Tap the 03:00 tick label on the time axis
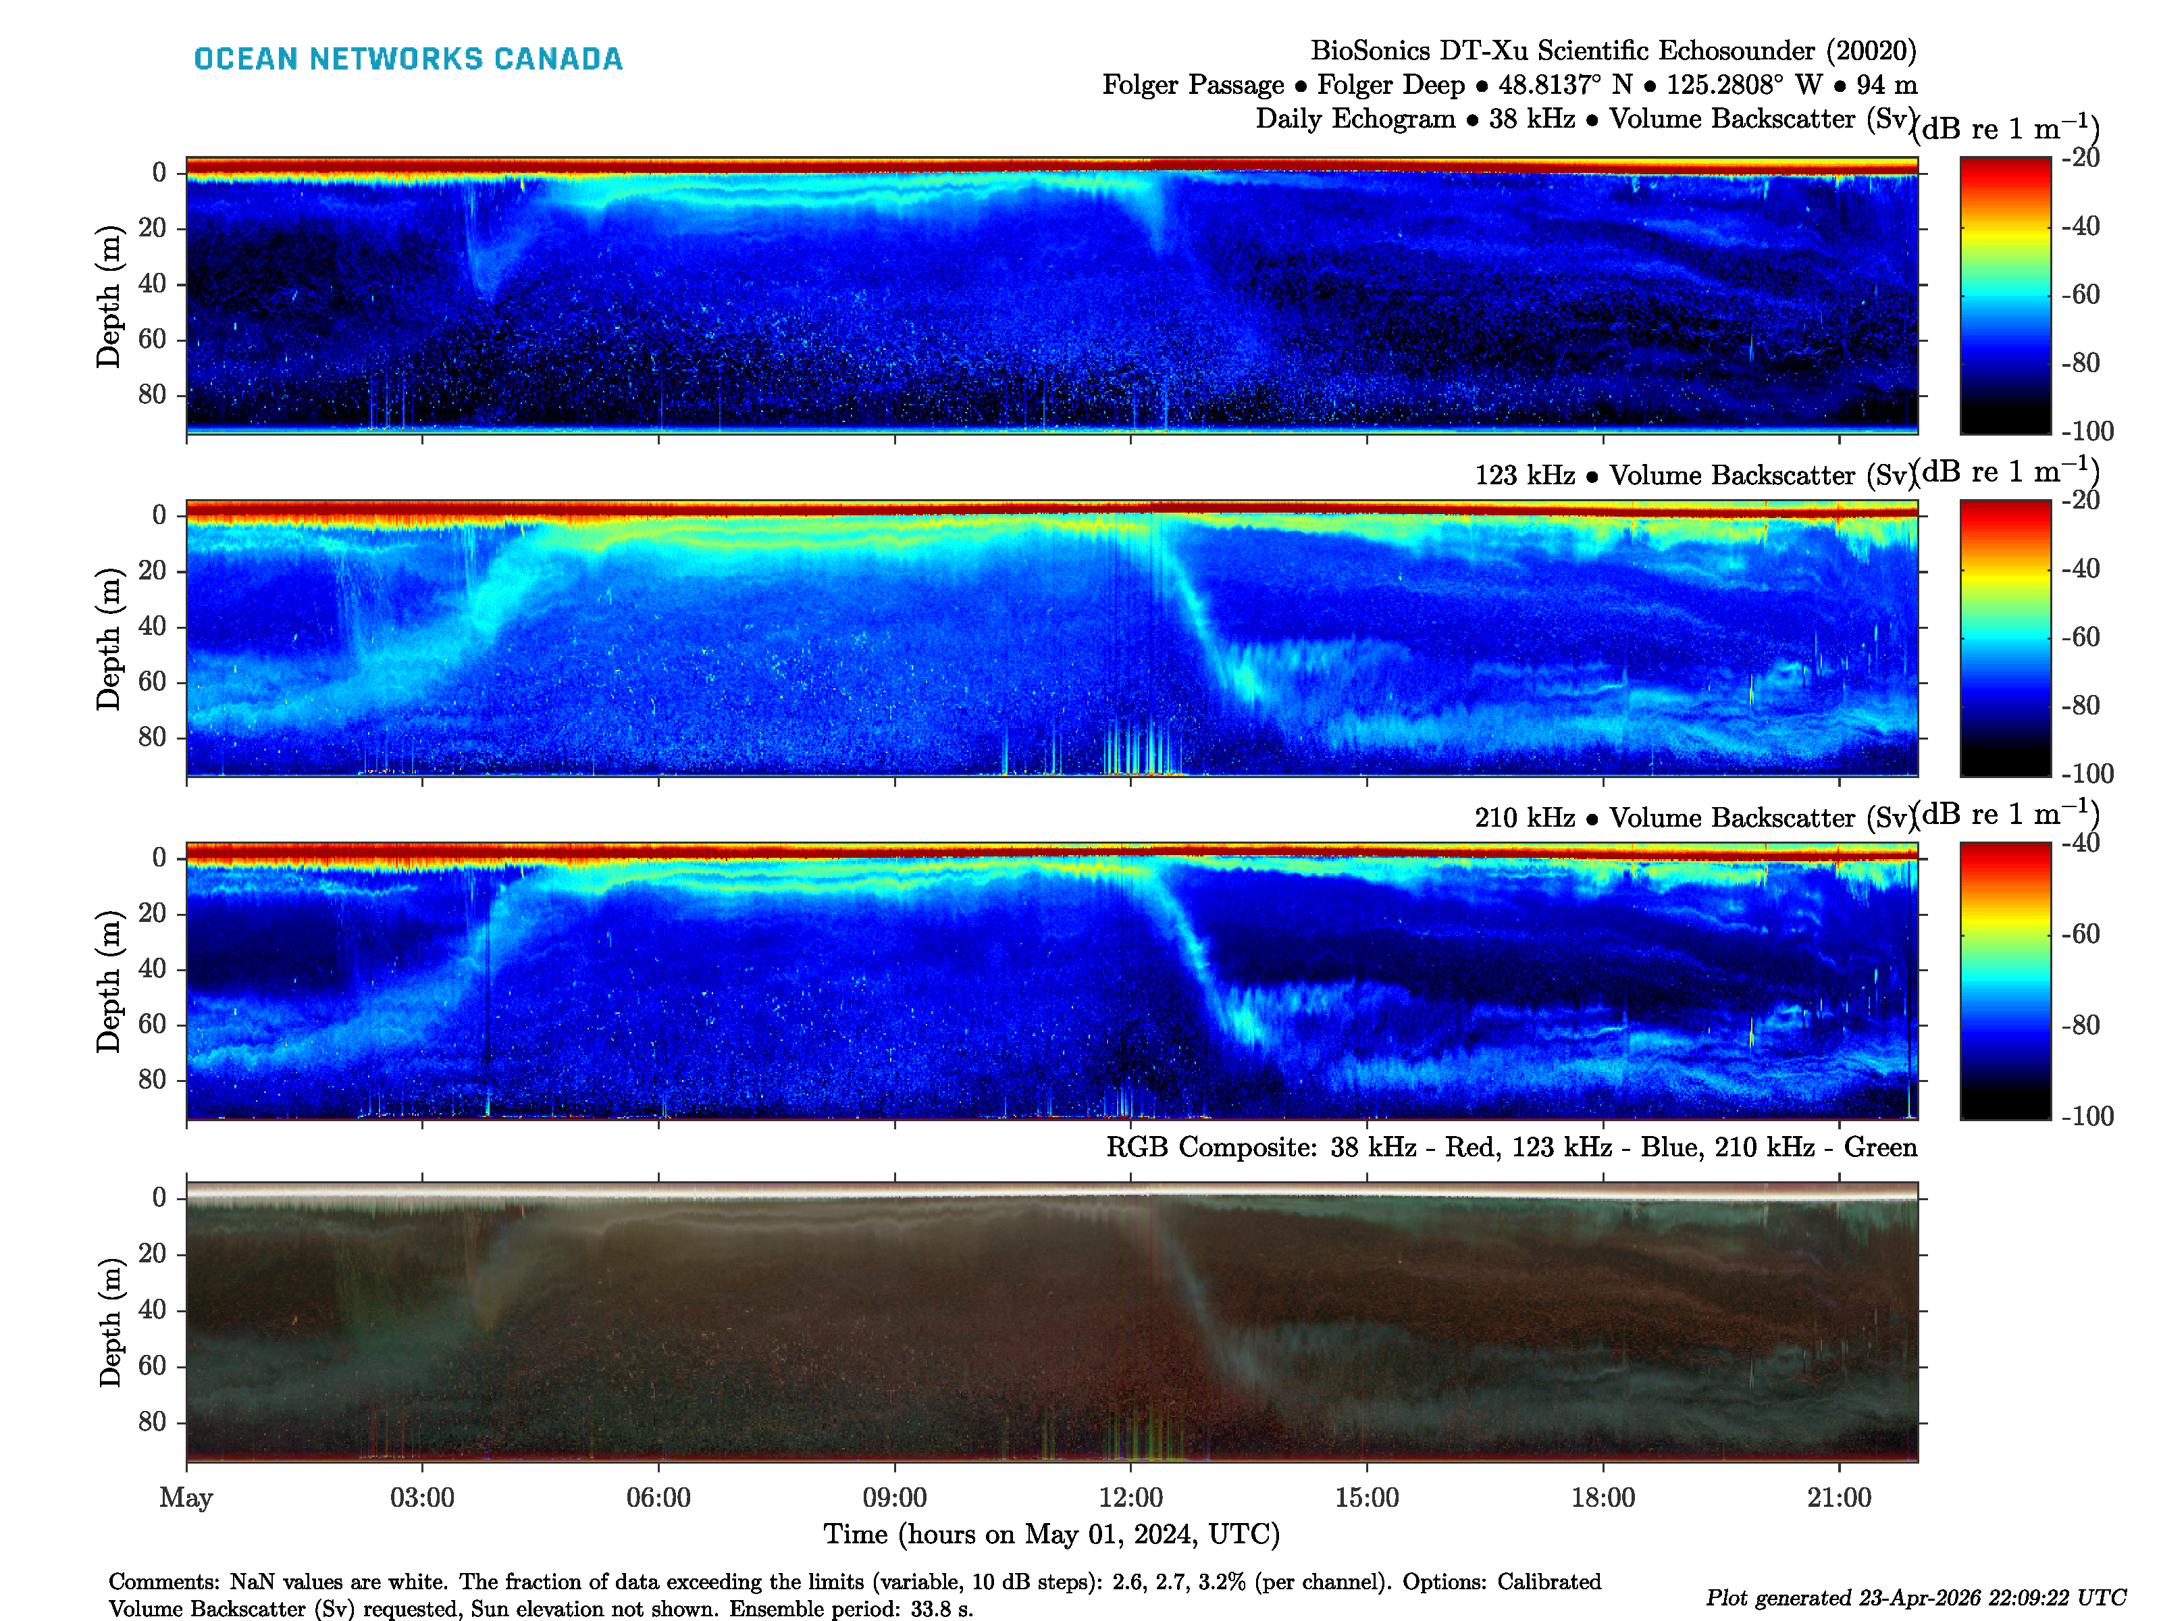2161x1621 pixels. [422, 1497]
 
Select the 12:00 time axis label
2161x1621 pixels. [1130, 1497]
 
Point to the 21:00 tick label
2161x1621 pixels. [1839, 1497]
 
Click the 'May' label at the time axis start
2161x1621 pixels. [186, 1497]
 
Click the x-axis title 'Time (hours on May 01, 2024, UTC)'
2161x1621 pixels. [1051, 1534]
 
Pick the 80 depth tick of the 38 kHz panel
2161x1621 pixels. [153, 394]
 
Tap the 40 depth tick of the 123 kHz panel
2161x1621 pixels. [153, 626]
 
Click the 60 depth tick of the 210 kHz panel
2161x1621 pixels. [153, 1024]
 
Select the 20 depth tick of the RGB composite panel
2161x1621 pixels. [153, 1254]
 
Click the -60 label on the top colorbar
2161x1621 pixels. [2081, 294]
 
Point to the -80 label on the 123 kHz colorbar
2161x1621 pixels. [2081, 705]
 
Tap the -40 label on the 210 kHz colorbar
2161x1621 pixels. [2081, 843]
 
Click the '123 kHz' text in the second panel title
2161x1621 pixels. [1524, 476]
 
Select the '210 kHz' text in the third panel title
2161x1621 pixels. [1524, 818]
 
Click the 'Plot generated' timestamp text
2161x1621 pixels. [1915, 1597]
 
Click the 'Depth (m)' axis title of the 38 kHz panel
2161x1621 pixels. [109, 296]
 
